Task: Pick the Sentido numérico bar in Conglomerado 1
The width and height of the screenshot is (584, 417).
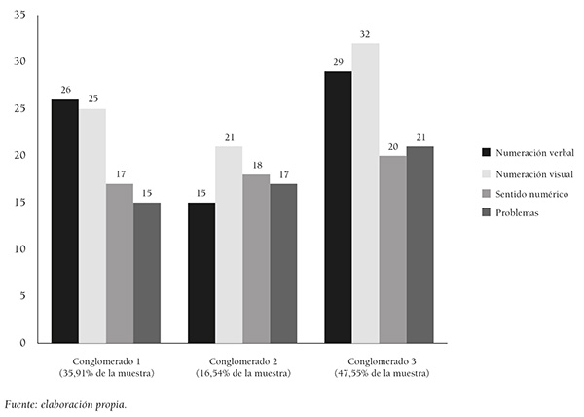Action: click(x=120, y=263)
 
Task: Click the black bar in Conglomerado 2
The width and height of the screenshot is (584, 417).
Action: click(x=201, y=273)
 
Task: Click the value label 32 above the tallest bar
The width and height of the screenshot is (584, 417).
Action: click(x=365, y=34)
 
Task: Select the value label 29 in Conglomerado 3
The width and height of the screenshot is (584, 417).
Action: click(x=338, y=62)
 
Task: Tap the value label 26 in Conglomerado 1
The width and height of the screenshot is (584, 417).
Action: click(x=65, y=91)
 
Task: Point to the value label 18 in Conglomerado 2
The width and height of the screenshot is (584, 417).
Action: click(x=256, y=166)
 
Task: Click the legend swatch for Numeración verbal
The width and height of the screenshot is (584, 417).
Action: click(x=485, y=152)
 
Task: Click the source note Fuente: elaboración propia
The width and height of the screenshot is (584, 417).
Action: click(x=65, y=403)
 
